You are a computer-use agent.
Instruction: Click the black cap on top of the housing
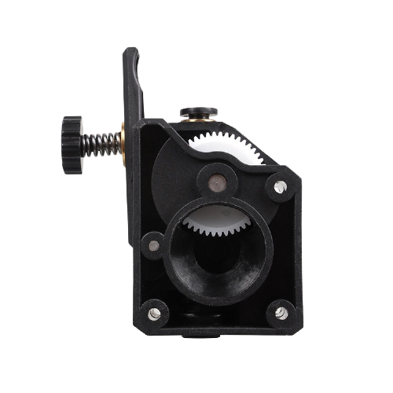coord(198,112)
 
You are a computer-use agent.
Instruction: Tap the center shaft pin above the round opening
coord(217,181)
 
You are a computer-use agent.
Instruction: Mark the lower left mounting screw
coord(155,313)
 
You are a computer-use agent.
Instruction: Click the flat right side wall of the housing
coord(297,252)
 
